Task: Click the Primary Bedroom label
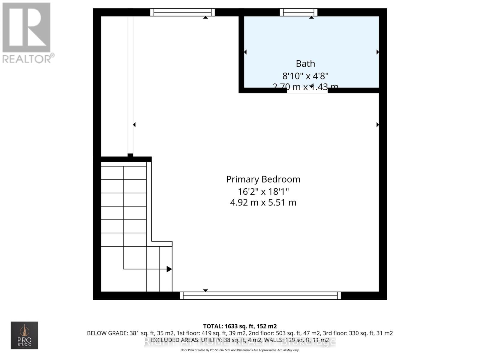click(x=263, y=179)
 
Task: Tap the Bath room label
click(x=305, y=64)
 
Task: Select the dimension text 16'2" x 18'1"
click(x=263, y=191)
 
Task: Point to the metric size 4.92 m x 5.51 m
click(x=263, y=202)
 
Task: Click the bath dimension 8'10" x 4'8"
click(x=305, y=76)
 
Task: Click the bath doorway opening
click(x=307, y=91)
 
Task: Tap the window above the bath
click(x=298, y=12)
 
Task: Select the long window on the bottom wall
click(x=260, y=295)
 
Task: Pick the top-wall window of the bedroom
click(x=182, y=12)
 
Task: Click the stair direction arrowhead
click(x=169, y=269)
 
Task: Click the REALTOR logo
click(x=28, y=33)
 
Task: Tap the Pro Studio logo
click(x=24, y=335)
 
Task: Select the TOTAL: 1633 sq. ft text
click(x=240, y=326)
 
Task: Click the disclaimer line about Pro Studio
click(x=240, y=350)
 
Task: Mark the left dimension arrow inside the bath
click(x=245, y=52)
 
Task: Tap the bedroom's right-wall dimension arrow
click(x=377, y=125)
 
